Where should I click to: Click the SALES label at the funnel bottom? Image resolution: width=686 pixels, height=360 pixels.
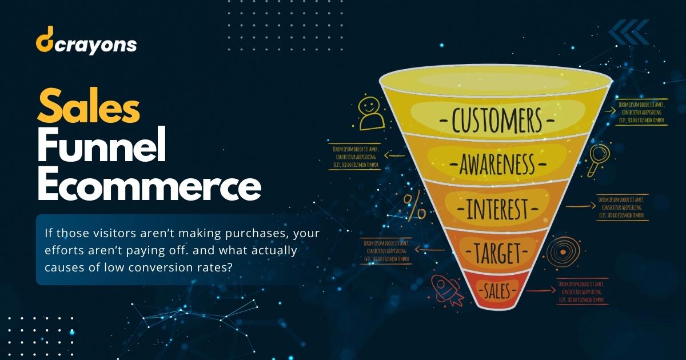click(497, 291)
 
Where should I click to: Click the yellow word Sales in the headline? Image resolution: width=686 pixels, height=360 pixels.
click(89, 108)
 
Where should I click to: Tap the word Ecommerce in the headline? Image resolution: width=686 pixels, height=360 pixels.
click(149, 185)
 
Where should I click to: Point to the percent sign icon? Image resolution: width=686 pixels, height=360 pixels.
click(414, 206)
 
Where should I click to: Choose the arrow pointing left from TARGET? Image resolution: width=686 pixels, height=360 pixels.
click(424, 249)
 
